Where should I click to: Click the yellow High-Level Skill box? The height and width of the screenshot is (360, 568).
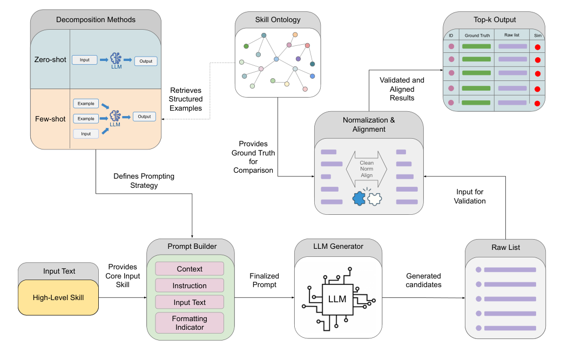tap(58, 297)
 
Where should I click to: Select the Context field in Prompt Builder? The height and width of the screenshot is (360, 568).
tap(190, 269)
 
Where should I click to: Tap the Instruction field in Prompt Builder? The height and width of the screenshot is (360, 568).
tap(190, 286)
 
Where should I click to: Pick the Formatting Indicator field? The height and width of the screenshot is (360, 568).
tap(190, 323)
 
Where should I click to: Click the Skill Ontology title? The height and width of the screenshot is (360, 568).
tap(278, 20)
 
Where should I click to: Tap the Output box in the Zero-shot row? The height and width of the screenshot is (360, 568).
tap(146, 61)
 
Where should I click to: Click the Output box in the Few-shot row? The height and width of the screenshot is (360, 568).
tap(145, 116)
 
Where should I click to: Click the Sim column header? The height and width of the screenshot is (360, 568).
tap(537, 36)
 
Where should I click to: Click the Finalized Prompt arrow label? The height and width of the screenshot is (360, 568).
tap(263, 280)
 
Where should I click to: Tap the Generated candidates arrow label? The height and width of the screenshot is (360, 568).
tap(424, 280)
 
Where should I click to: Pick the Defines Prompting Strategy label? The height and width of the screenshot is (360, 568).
tap(144, 181)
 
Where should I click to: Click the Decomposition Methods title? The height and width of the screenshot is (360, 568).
tap(96, 20)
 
